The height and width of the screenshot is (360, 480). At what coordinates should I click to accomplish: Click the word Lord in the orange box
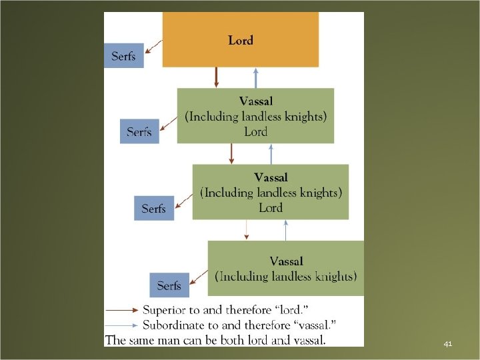(x=240, y=41)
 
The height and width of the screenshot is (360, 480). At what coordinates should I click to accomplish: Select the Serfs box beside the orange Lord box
(x=123, y=56)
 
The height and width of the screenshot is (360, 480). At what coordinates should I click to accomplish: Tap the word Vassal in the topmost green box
(x=256, y=101)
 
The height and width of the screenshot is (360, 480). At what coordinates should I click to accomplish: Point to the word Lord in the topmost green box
(x=255, y=131)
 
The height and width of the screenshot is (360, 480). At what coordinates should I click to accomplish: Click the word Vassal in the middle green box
(x=271, y=178)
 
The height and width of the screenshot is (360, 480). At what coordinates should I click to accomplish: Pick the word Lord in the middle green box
(x=271, y=207)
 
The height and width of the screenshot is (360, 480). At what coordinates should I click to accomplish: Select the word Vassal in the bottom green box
(x=286, y=261)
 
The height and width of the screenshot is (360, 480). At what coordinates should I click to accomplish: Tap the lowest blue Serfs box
(x=169, y=285)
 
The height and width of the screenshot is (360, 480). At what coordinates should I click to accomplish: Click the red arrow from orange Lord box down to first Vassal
(x=216, y=77)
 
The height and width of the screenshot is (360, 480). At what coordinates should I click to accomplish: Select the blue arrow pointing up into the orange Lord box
(x=255, y=77)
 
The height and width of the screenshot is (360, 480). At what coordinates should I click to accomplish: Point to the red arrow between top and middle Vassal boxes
(x=231, y=153)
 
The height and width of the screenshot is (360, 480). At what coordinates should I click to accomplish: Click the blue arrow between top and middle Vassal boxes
(x=271, y=153)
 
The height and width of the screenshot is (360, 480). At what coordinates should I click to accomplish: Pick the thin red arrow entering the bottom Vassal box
(x=247, y=230)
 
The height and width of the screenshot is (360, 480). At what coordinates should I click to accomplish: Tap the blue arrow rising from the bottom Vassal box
(x=286, y=230)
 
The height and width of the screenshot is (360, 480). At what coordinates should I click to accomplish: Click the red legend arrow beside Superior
(x=123, y=310)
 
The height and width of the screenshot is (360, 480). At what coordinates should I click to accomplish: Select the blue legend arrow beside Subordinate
(x=123, y=325)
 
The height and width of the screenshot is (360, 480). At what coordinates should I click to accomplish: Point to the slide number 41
(x=447, y=344)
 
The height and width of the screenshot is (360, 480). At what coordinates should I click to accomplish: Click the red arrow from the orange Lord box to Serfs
(x=153, y=46)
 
